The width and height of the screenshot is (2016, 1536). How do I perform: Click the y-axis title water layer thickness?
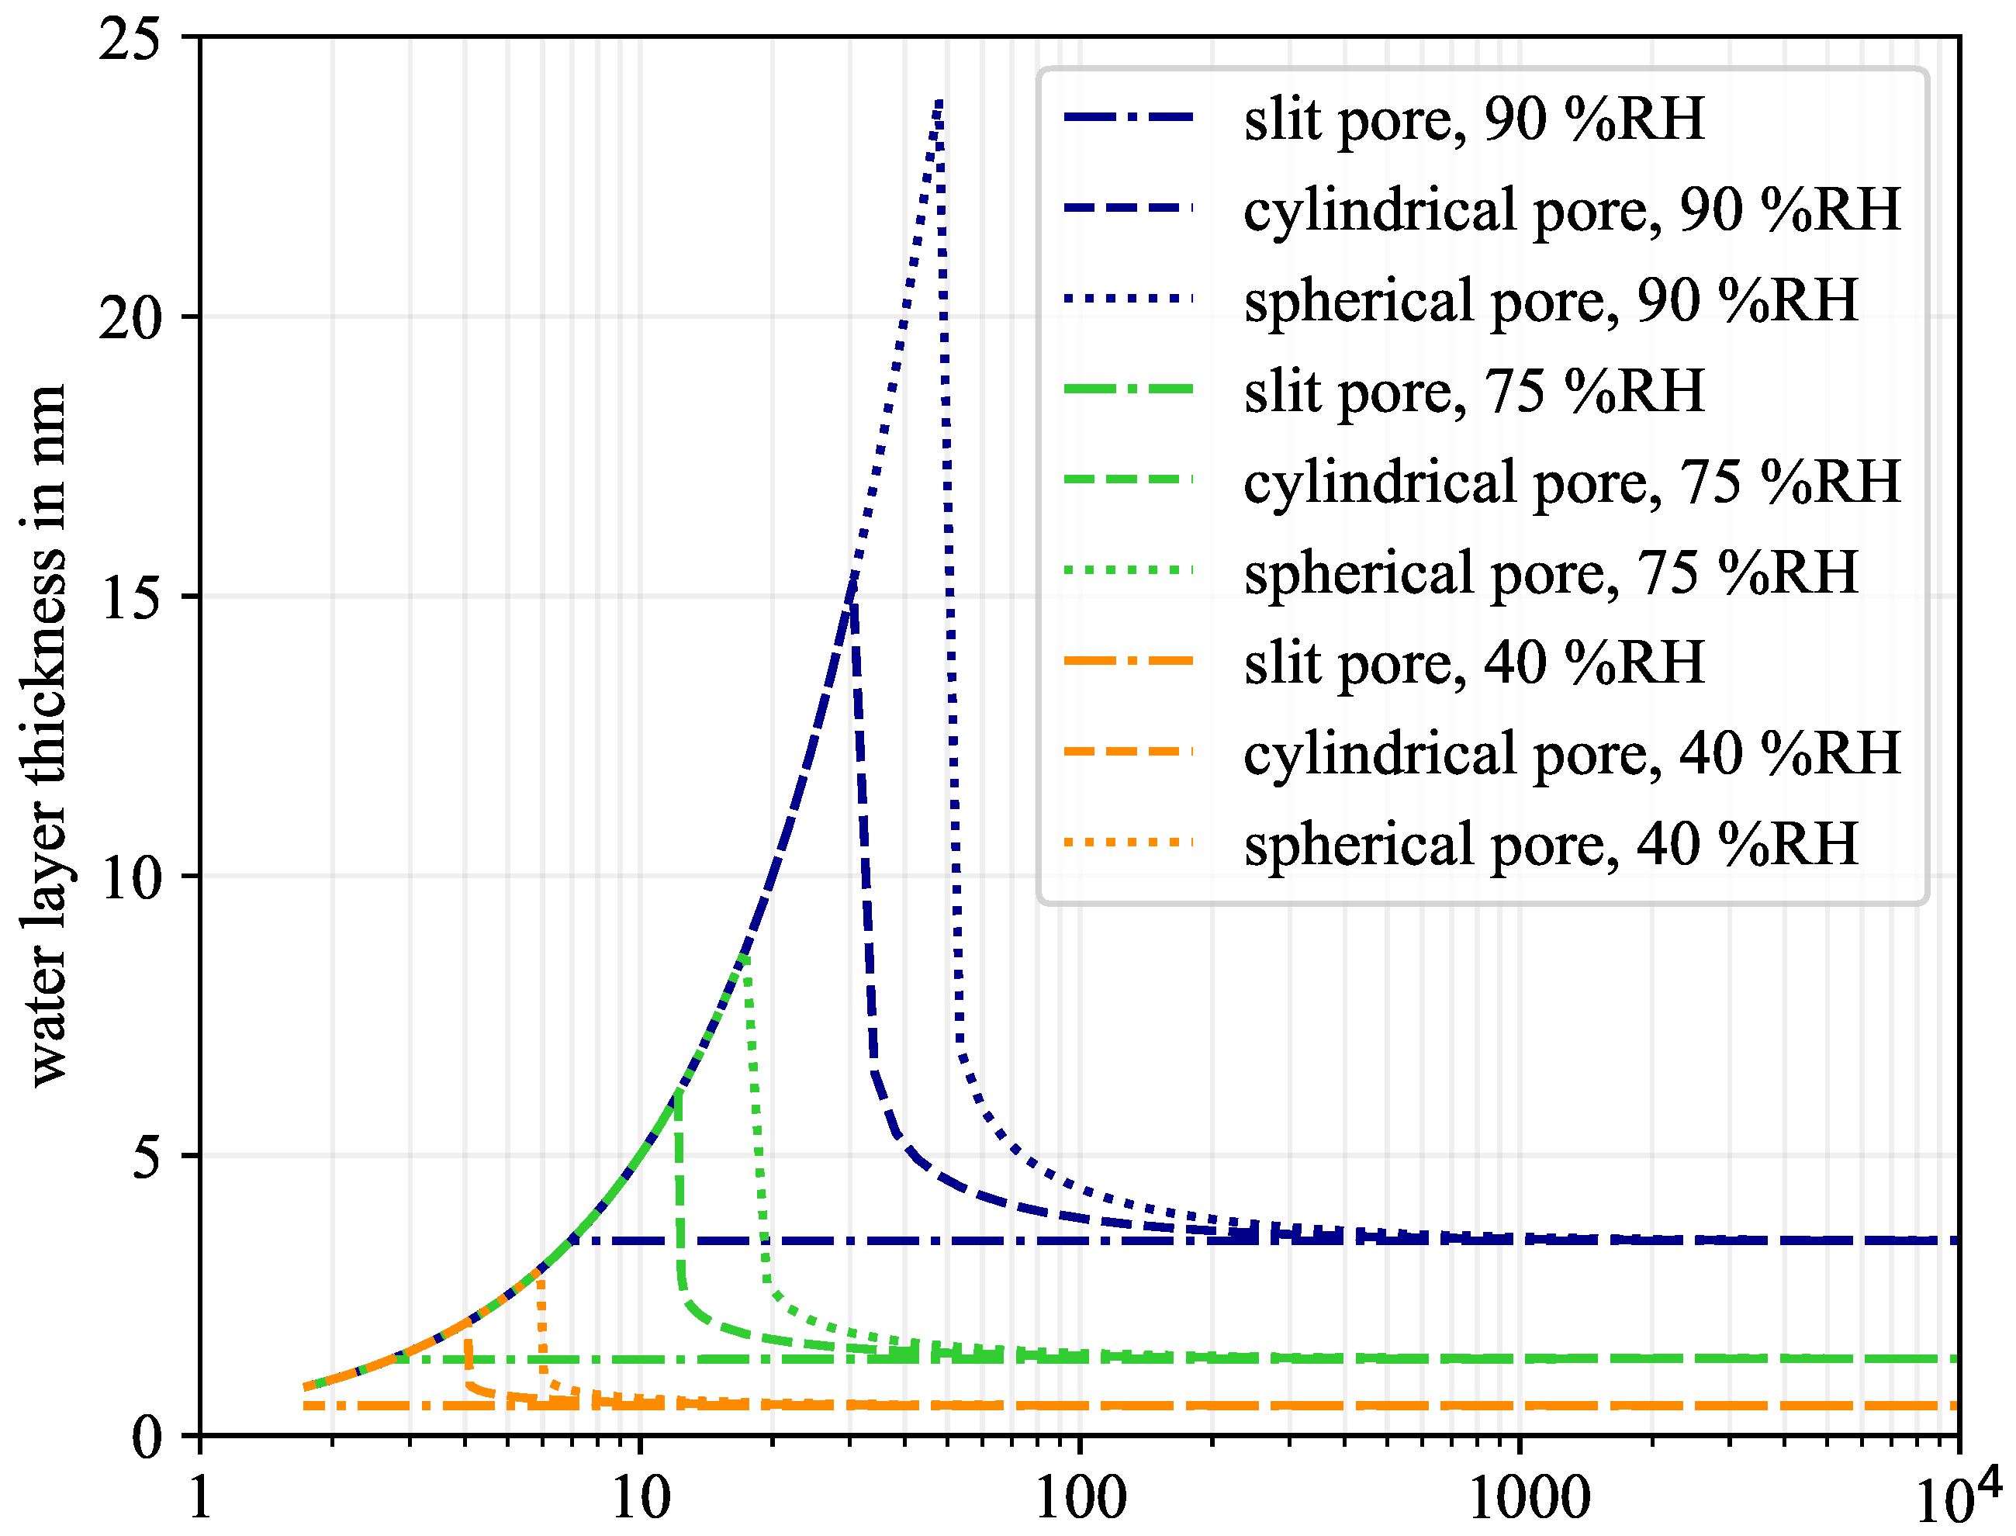pos(46,736)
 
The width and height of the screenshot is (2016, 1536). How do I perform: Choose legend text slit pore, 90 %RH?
pos(1474,119)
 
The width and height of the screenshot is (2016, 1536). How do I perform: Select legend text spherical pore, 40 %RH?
pos(1551,844)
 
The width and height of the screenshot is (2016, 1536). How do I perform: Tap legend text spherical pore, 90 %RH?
pos(1551,300)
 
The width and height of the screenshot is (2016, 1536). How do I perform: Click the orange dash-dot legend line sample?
pos(1129,660)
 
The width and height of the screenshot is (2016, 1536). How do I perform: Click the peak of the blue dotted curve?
pos(939,101)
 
